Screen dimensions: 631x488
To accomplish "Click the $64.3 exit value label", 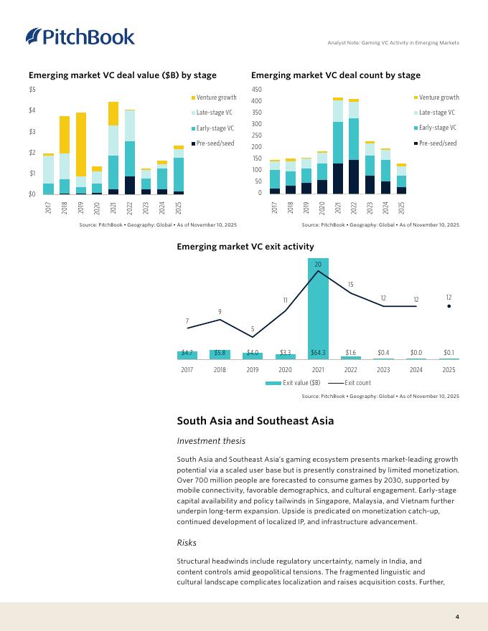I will (318, 353).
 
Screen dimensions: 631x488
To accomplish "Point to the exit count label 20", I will (318, 264).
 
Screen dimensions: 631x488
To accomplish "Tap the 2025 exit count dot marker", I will (449, 306).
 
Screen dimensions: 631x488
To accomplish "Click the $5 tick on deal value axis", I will (32, 89).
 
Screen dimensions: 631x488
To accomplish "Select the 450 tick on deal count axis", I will (257, 89).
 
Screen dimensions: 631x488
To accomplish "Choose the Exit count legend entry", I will (352, 383).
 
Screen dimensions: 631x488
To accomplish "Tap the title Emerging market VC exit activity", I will (245, 247).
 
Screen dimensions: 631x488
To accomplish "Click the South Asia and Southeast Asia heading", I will (255, 421).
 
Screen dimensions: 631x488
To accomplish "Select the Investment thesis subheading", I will (211, 441).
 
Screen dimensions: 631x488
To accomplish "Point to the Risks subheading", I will (187, 542).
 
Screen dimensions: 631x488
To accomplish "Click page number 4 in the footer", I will (457, 617).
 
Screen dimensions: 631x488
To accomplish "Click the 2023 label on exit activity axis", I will (383, 370).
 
